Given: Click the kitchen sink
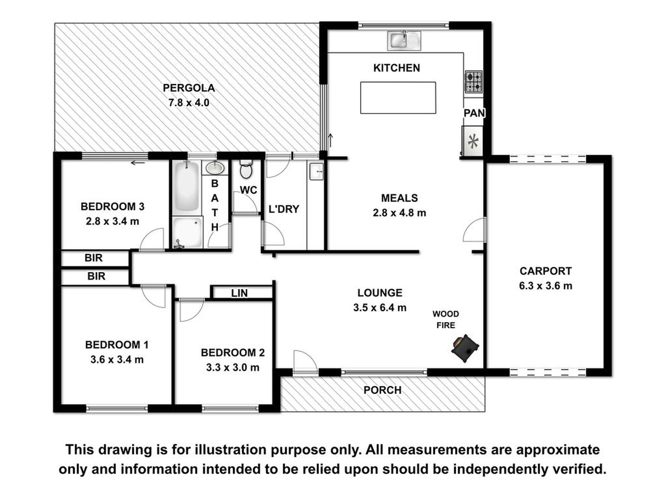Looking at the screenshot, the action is click(x=404, y=40).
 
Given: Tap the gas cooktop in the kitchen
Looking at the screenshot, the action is click(x=474, y=82).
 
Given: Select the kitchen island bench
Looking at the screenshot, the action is click(x=398, y=98).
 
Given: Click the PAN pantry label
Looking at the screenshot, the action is click(x=474, y=113).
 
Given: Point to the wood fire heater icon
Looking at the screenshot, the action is click(x=465, y=348).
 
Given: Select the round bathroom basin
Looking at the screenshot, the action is click(x=215, y=168).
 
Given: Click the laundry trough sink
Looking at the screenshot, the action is click(x=316, y=172).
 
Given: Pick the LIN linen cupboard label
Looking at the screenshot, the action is click(x=239, y=293).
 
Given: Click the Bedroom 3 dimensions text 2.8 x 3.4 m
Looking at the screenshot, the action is click(x=113, y=221).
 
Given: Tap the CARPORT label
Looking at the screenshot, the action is click(x=545, y=271).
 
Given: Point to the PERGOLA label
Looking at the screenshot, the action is click(x=189, y=88).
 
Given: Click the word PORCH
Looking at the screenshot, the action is click(x=382, y=390).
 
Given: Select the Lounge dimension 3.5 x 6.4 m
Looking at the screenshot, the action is click(x=380, y=308).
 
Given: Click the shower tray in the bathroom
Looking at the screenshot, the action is click(x=188, y=232).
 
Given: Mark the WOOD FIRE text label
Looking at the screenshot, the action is click(x=446, y=320).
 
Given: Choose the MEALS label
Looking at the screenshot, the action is click(x=400, y=198).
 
